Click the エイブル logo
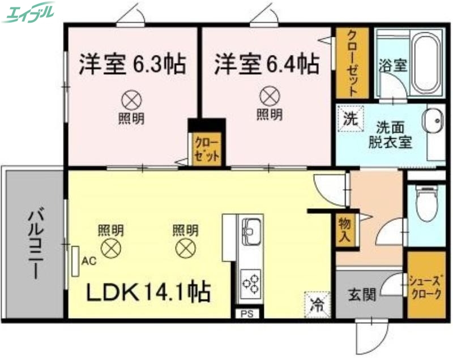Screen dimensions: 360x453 [29, 12]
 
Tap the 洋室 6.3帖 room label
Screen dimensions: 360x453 [132, 64]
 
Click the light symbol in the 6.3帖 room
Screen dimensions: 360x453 [131, 100]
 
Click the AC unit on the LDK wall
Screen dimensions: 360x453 [75, 260]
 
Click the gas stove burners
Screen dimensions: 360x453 [250, 280]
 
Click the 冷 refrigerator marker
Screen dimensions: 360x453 [315, 303]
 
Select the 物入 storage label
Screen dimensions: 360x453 [343, 229]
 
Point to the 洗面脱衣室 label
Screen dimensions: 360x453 [389, 134]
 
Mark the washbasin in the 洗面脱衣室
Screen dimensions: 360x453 [434, 121]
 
